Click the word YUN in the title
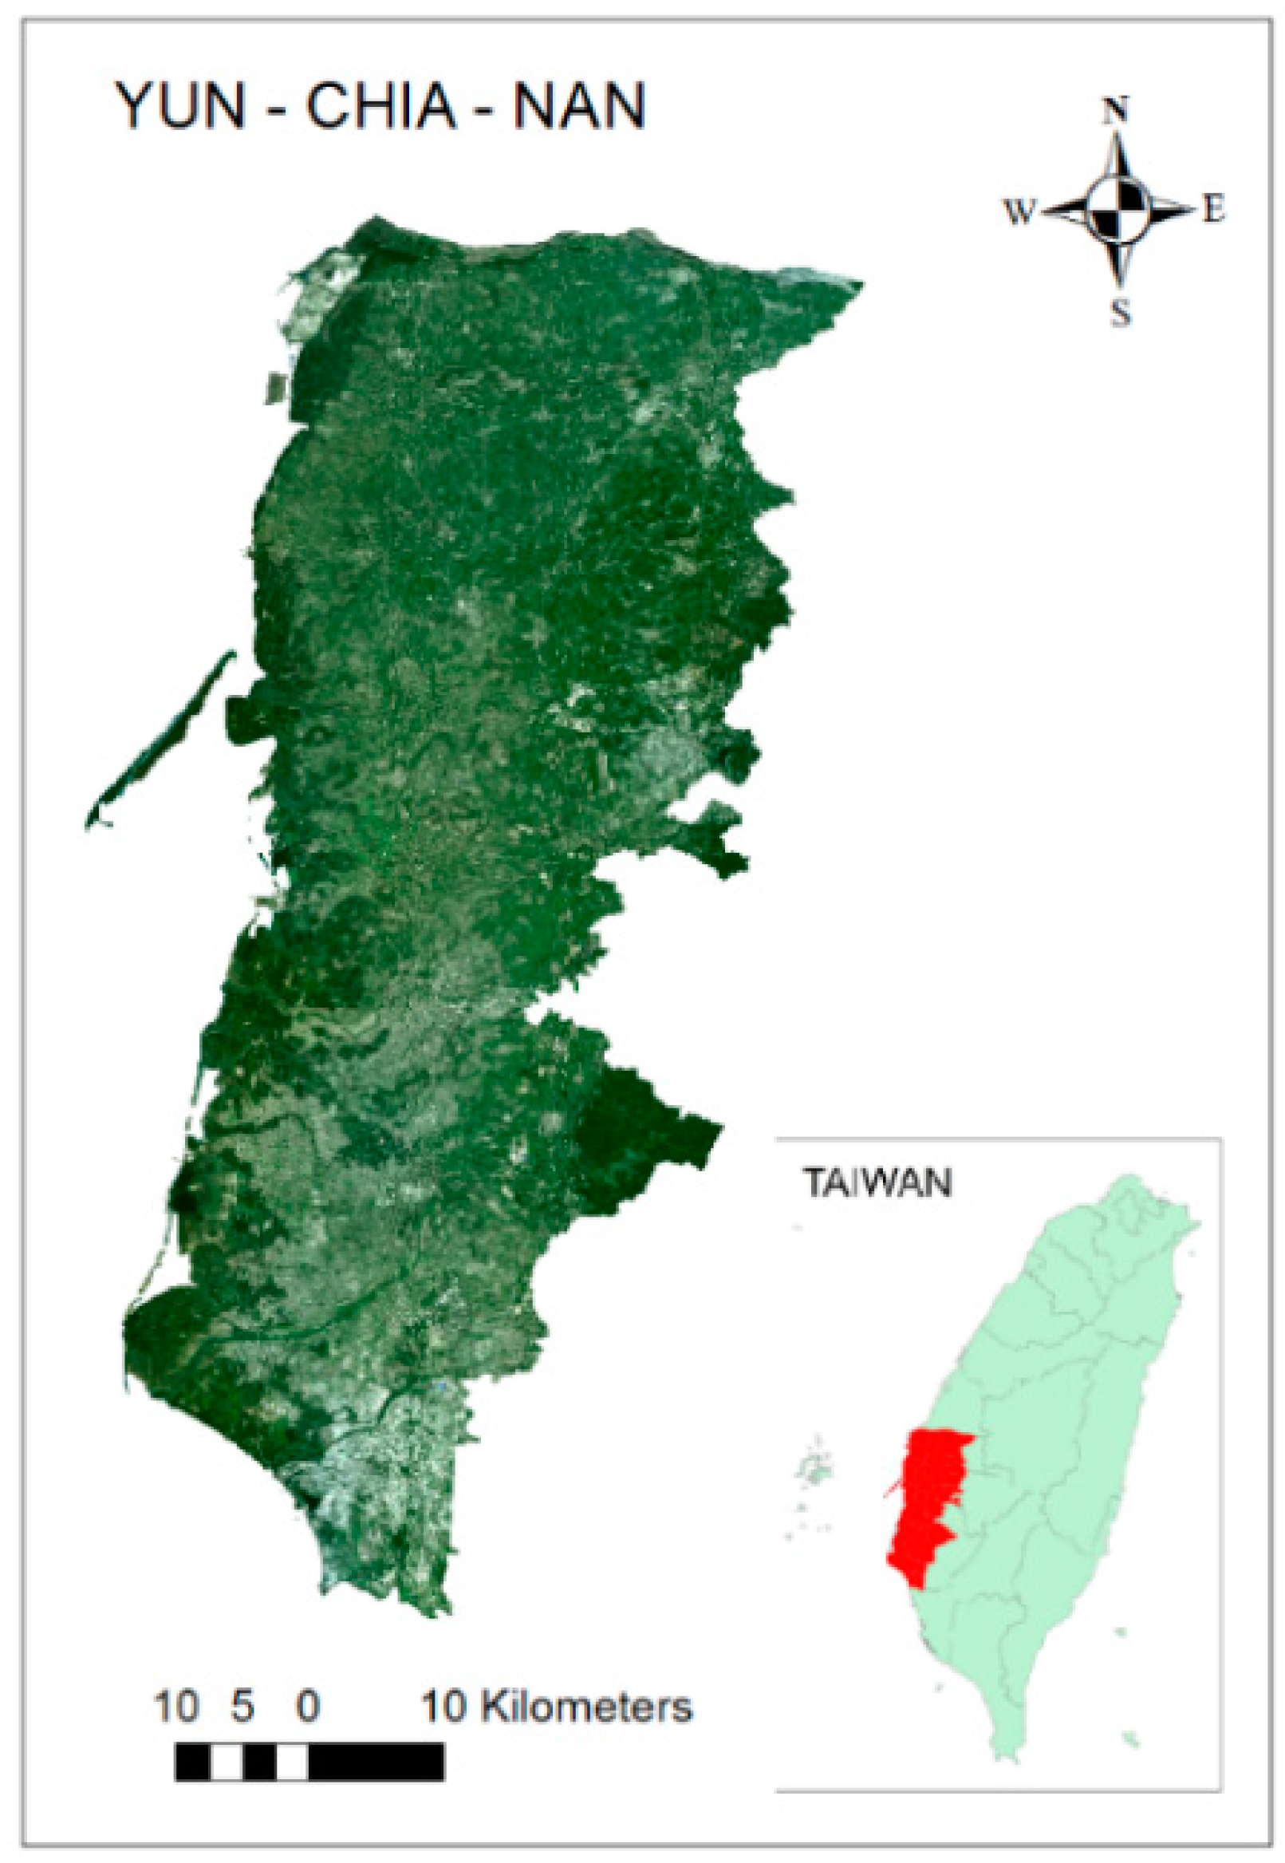coord(180,105)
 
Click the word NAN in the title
coord(579,105)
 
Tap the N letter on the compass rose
coord(1116,111)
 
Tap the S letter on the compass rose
coord(1121,313)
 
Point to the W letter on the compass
coord(1019,213)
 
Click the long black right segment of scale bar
coord(375,1761)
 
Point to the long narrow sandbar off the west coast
coord(161,737)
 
